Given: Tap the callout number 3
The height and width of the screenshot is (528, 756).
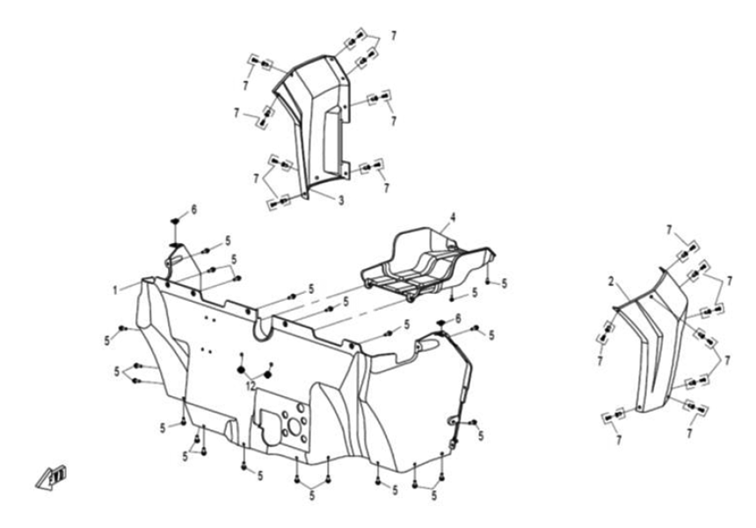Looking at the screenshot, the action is pyautogui.click(x=341, y=201).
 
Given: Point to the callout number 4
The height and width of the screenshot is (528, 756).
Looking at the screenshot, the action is pyautogui.click(x=453, y=216).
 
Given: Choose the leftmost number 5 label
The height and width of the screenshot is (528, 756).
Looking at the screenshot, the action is pyautogui.click(x=106, y=338).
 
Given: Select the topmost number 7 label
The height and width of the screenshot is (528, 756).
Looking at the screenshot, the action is pyautogui.click(x=393, y=35).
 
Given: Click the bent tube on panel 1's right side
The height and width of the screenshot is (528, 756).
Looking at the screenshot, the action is pyautogui.click(x=457, y=370).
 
